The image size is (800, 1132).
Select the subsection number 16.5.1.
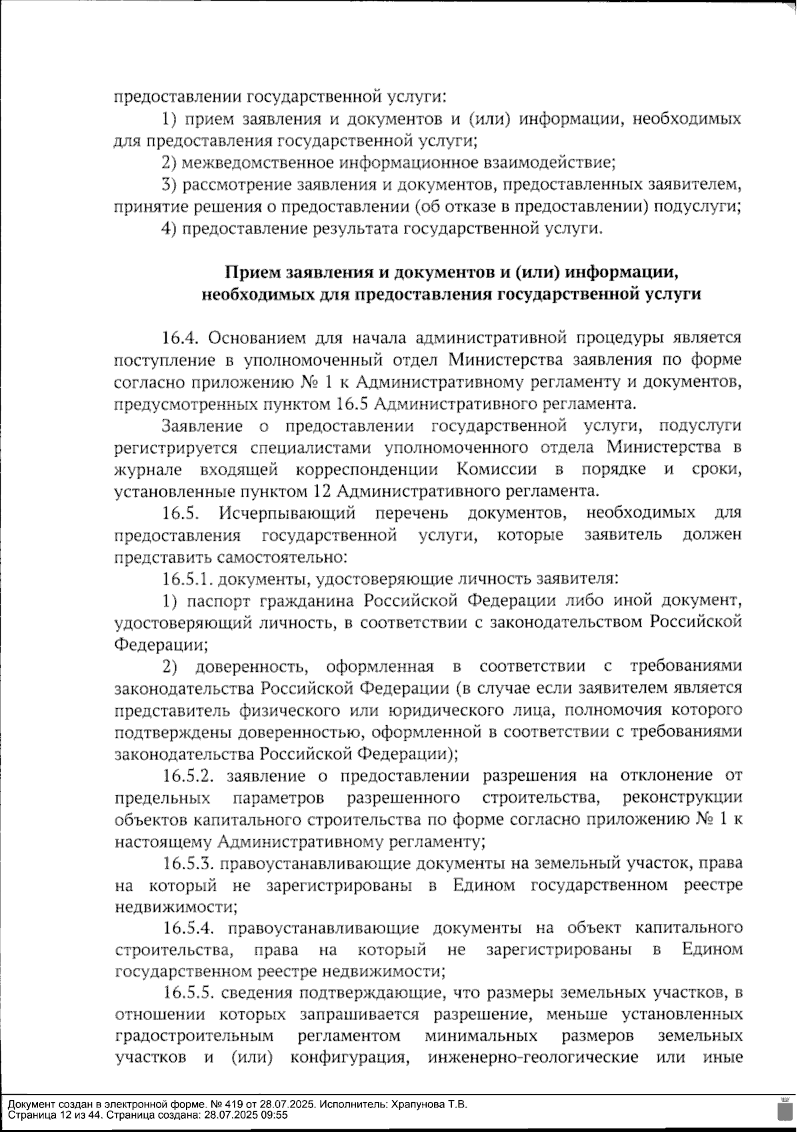click(187, 579)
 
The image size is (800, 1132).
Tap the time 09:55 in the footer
click(275, 1114)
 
